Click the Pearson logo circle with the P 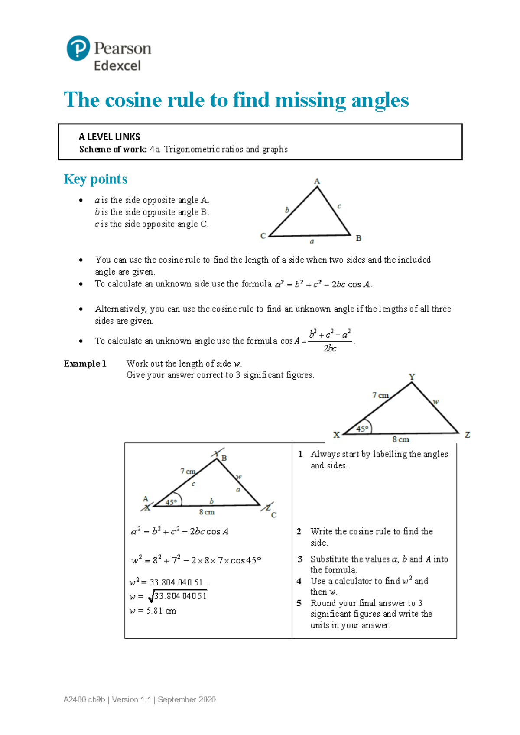78,48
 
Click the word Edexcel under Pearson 117,66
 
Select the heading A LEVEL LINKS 109,137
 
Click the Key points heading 95,179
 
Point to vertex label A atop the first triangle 317,181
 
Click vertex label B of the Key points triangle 358,238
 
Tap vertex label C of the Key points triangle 263,236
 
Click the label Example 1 85,364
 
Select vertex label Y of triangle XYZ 412,377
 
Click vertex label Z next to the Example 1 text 467,435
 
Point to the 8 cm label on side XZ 400,439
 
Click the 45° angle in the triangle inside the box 171,502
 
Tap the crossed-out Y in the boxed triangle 217,454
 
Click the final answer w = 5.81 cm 153,611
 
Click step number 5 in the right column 299,603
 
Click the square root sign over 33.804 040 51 151,598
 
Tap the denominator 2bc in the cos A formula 330,348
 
